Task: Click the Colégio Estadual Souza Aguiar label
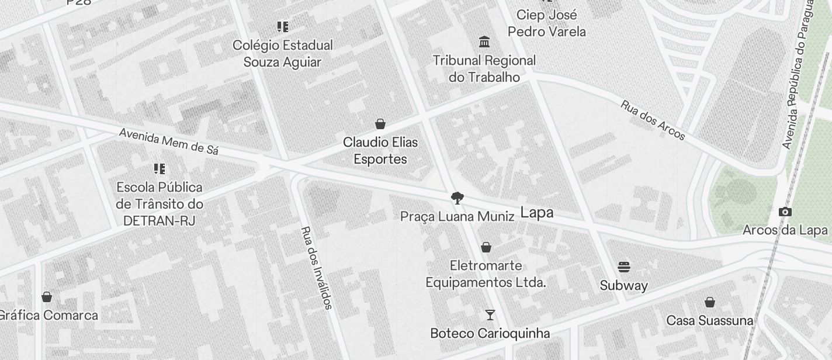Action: tap(283, 54)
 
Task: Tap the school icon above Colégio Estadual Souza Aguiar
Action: tap(283, 27)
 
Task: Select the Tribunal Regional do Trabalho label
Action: tap(484, 68)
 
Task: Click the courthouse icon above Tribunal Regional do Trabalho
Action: tap(484, 42)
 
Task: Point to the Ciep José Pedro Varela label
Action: tap(546, 23)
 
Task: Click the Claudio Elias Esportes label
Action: tap(380, 151)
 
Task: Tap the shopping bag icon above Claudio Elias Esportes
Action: tap(380, 124)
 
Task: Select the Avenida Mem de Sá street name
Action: tap(169, 141)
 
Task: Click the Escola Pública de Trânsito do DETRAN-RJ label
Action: tap(160, 204)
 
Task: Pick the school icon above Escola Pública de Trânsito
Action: tap(160, 169)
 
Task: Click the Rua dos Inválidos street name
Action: tap(317, 268)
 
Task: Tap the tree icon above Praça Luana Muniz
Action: tap(457, 198)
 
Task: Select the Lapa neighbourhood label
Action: tap(536, 213)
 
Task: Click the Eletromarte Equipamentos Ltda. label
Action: tap(486, 274)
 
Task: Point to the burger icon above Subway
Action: tap(624, 268)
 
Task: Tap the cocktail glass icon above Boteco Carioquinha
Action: tap(490, 316)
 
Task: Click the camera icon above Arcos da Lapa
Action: tap(785, 212)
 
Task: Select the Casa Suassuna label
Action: tap(710, 321)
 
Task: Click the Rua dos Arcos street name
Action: tap(653, 120)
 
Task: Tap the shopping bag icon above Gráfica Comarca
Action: tap(47, 297)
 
